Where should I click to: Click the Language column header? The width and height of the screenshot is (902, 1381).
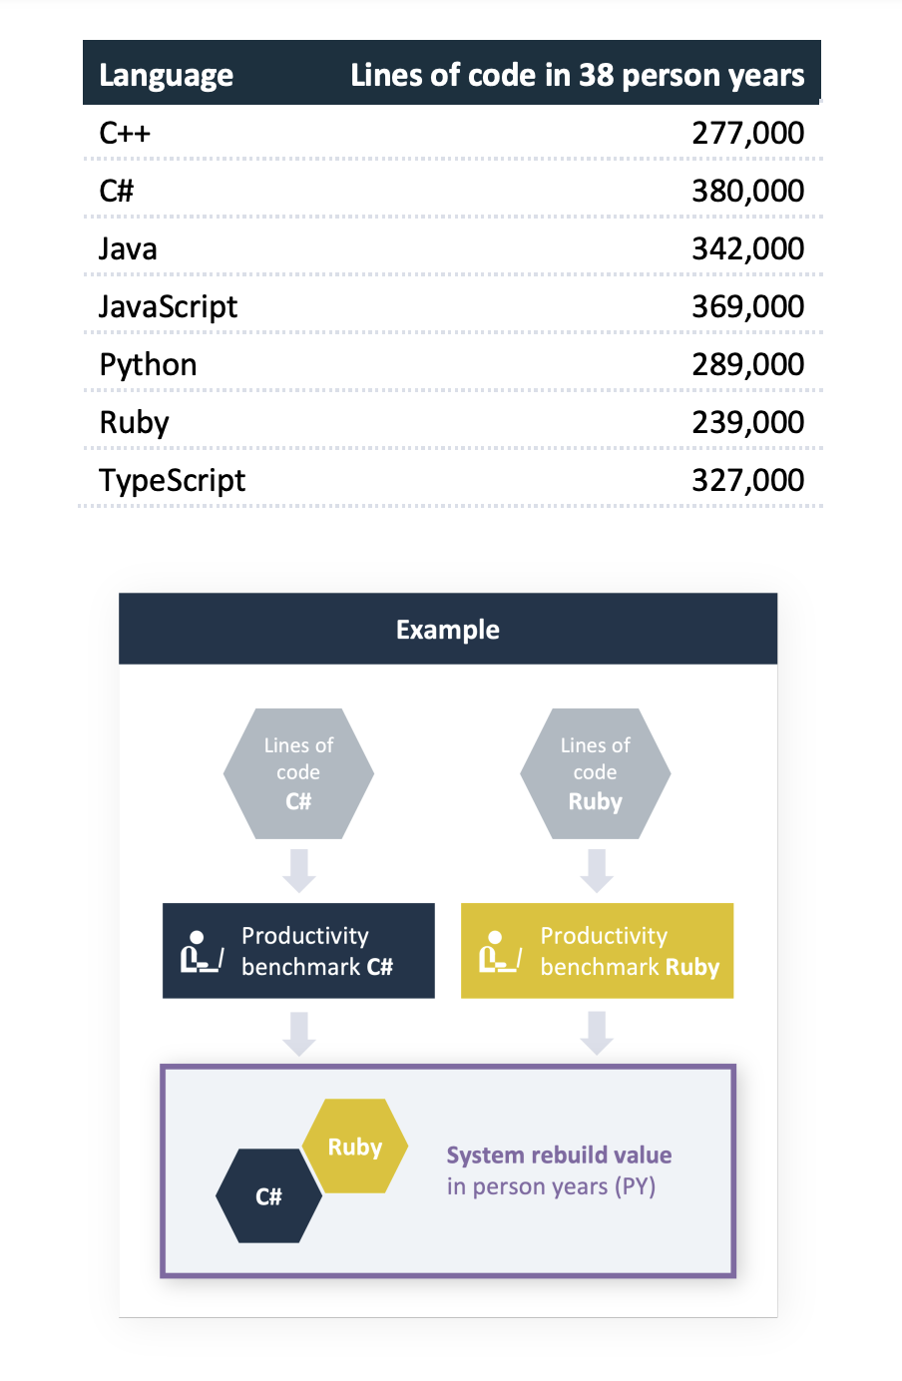coord(166,75)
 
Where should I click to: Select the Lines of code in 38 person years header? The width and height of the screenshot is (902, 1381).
coord(577,75)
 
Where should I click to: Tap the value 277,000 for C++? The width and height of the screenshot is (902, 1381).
coord(747,133)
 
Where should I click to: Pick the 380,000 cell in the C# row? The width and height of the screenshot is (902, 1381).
coord(747,191)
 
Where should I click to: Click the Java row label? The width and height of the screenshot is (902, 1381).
coord(128,248)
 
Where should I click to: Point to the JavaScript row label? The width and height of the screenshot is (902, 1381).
coord(168,306)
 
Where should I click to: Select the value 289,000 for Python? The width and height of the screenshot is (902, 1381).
coord(747,364)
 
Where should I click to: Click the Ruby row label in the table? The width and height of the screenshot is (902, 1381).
coord(134,422)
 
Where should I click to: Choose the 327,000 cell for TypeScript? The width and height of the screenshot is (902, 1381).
coord(747,480)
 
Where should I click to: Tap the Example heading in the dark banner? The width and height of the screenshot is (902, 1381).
coord(448,630)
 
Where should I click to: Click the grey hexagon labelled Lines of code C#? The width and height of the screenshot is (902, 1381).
coord(298,773)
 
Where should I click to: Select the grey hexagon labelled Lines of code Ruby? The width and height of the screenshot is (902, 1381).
coord(595,773)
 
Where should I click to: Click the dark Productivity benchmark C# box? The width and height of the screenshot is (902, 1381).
coord(298,951)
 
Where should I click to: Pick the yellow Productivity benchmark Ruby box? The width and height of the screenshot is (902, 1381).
coord(597,951)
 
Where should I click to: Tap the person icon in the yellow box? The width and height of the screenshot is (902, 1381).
coord(499,952)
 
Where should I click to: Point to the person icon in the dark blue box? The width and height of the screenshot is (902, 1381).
coord(201,952)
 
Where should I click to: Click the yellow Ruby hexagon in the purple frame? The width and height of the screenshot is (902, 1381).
coord(355,1147)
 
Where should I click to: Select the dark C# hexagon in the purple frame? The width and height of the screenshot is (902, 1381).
coord(268,1195)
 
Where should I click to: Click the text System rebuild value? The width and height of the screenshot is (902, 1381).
coord(559,1154)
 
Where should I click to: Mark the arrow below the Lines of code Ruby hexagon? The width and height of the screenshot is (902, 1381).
coord(597,870)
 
